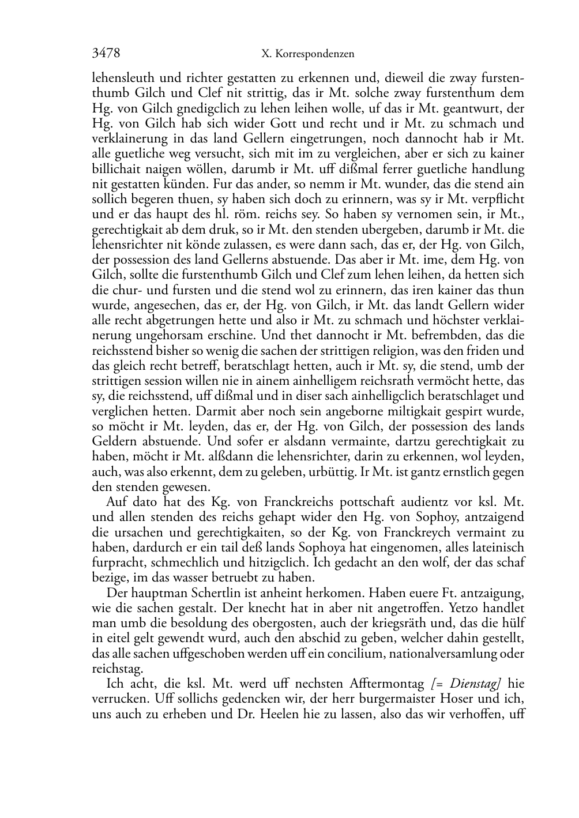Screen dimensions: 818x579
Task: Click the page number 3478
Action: [106, 54]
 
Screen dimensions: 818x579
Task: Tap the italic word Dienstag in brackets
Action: [473, 684]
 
